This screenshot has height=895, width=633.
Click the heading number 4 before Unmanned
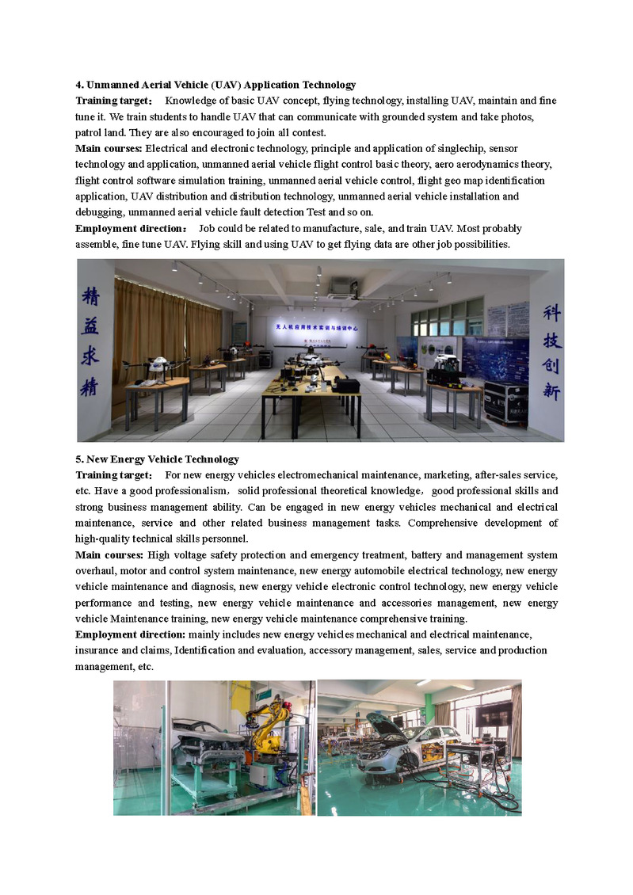click(x=78, y=85)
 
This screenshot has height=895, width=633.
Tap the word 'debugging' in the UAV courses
click(x=99, y=211)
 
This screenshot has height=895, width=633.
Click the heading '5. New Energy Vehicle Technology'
click(x=157, y=459)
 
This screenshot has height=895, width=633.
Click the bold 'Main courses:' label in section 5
click(x=109, y=554)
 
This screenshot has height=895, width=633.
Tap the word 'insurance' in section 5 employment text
click(x=97, y=650)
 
